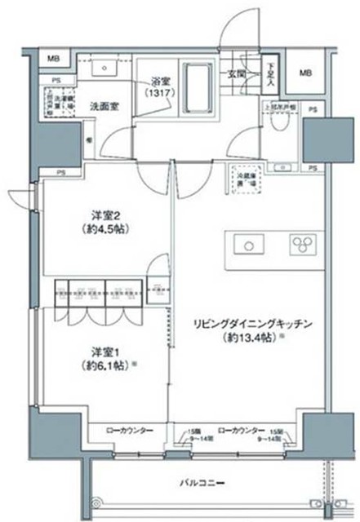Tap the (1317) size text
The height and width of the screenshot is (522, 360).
[159, 95]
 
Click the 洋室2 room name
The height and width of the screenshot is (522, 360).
[104, 216]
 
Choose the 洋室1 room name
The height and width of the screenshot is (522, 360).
[103, 353]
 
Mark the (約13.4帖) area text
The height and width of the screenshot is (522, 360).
[243, 337]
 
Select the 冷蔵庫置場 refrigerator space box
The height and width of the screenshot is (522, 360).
[246, 179]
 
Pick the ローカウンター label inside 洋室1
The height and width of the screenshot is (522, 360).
[125, 429]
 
